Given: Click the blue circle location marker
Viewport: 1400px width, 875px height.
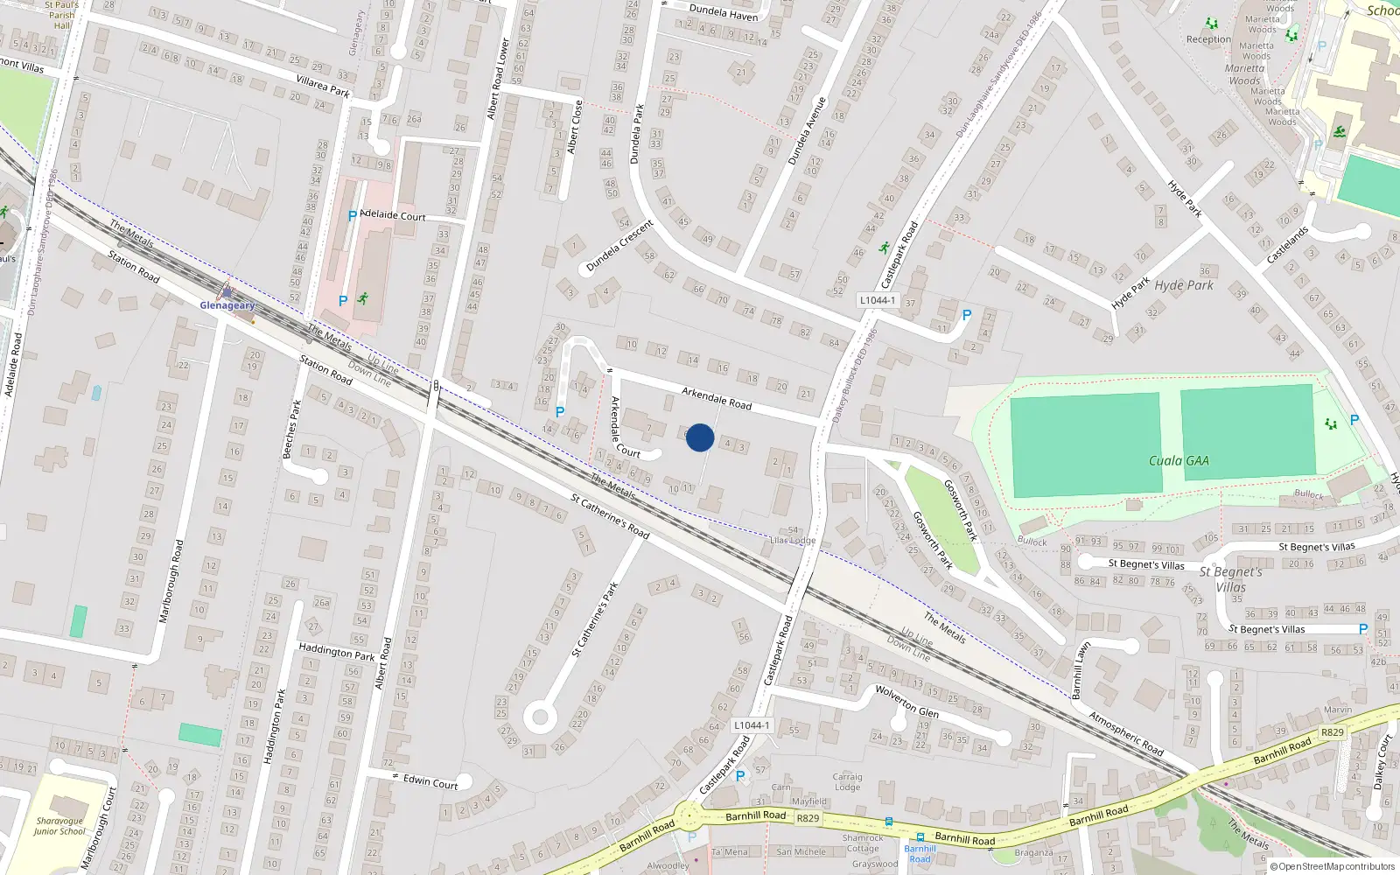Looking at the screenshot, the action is (700, 437).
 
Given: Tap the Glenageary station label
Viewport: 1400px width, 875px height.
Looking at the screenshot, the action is (227, 305).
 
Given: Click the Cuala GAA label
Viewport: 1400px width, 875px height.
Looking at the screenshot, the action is (1179, 460).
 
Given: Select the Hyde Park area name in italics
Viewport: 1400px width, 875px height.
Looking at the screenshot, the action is (1184, 285).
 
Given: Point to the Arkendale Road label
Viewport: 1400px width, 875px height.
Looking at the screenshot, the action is (717, 398).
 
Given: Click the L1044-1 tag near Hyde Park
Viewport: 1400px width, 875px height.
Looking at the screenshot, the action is (877, 300).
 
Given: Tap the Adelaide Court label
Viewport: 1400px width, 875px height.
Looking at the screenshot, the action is (393, 215).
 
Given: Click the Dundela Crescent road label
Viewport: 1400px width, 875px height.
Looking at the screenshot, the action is (620, 245).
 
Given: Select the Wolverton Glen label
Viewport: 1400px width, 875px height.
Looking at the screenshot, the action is (907, 701).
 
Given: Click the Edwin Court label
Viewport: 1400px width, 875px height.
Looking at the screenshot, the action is (430, 781).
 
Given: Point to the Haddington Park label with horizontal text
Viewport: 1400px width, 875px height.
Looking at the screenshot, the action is (337, 652).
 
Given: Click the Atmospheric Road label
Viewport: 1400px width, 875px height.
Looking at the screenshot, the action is (1126, 733).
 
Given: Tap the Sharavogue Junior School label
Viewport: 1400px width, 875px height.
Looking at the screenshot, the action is (59, 826).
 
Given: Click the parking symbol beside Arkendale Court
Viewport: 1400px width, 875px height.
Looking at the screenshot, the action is (560, 412).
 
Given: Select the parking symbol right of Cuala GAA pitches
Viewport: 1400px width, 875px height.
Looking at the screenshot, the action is (1354, 420).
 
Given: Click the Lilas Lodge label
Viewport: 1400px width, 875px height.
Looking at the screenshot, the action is (792, 540).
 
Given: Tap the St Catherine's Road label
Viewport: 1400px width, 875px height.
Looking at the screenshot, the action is (610, 516).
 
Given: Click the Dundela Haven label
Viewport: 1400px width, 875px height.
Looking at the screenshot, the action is (724, 11).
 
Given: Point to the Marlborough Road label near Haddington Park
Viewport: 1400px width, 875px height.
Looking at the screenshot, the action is (171, 581).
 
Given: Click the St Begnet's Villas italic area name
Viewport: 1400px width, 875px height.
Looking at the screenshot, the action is (1230, 579).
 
